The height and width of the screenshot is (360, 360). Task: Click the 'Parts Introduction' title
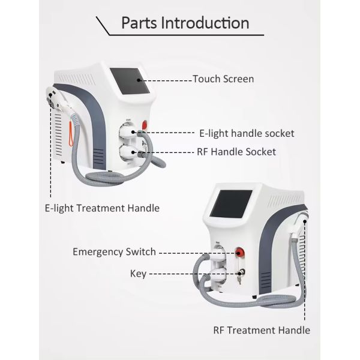pos(185,23)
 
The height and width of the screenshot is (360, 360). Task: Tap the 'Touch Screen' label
pos(223,79)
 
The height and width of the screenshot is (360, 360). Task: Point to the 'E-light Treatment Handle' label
pos(102,208)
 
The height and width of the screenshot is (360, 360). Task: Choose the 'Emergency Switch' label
pos(114,251)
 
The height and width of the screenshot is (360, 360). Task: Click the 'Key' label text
pos(138,274)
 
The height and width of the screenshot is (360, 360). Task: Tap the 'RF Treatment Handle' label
pos(262,330)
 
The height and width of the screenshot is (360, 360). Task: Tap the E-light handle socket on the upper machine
pos(128,130)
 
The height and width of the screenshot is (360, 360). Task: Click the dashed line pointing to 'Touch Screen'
pos(168,79)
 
